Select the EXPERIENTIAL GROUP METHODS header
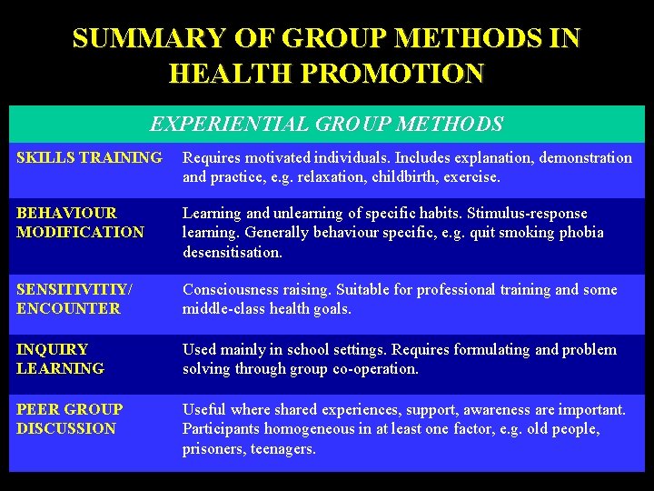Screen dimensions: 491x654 pyautogui.click(x=326, y=124)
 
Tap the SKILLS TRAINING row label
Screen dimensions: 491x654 pyautogui.click(x=89, y=158)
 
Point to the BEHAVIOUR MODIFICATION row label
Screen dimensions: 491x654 pyautogui.click(x=80, y=223)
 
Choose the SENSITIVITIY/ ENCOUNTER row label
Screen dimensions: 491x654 pyautogui.click(x=74, y=299)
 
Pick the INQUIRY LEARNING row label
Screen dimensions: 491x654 pyautogui.click(x=60, y=359)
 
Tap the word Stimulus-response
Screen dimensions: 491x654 pyautogui.click(x=529, y=213)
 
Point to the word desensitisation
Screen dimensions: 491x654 pyautogui.click(x=233, y=252)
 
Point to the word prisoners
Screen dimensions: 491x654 pyautogui.click(x=213, y=448)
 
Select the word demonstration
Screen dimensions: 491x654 pyautogui.click(x=575, y=158)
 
